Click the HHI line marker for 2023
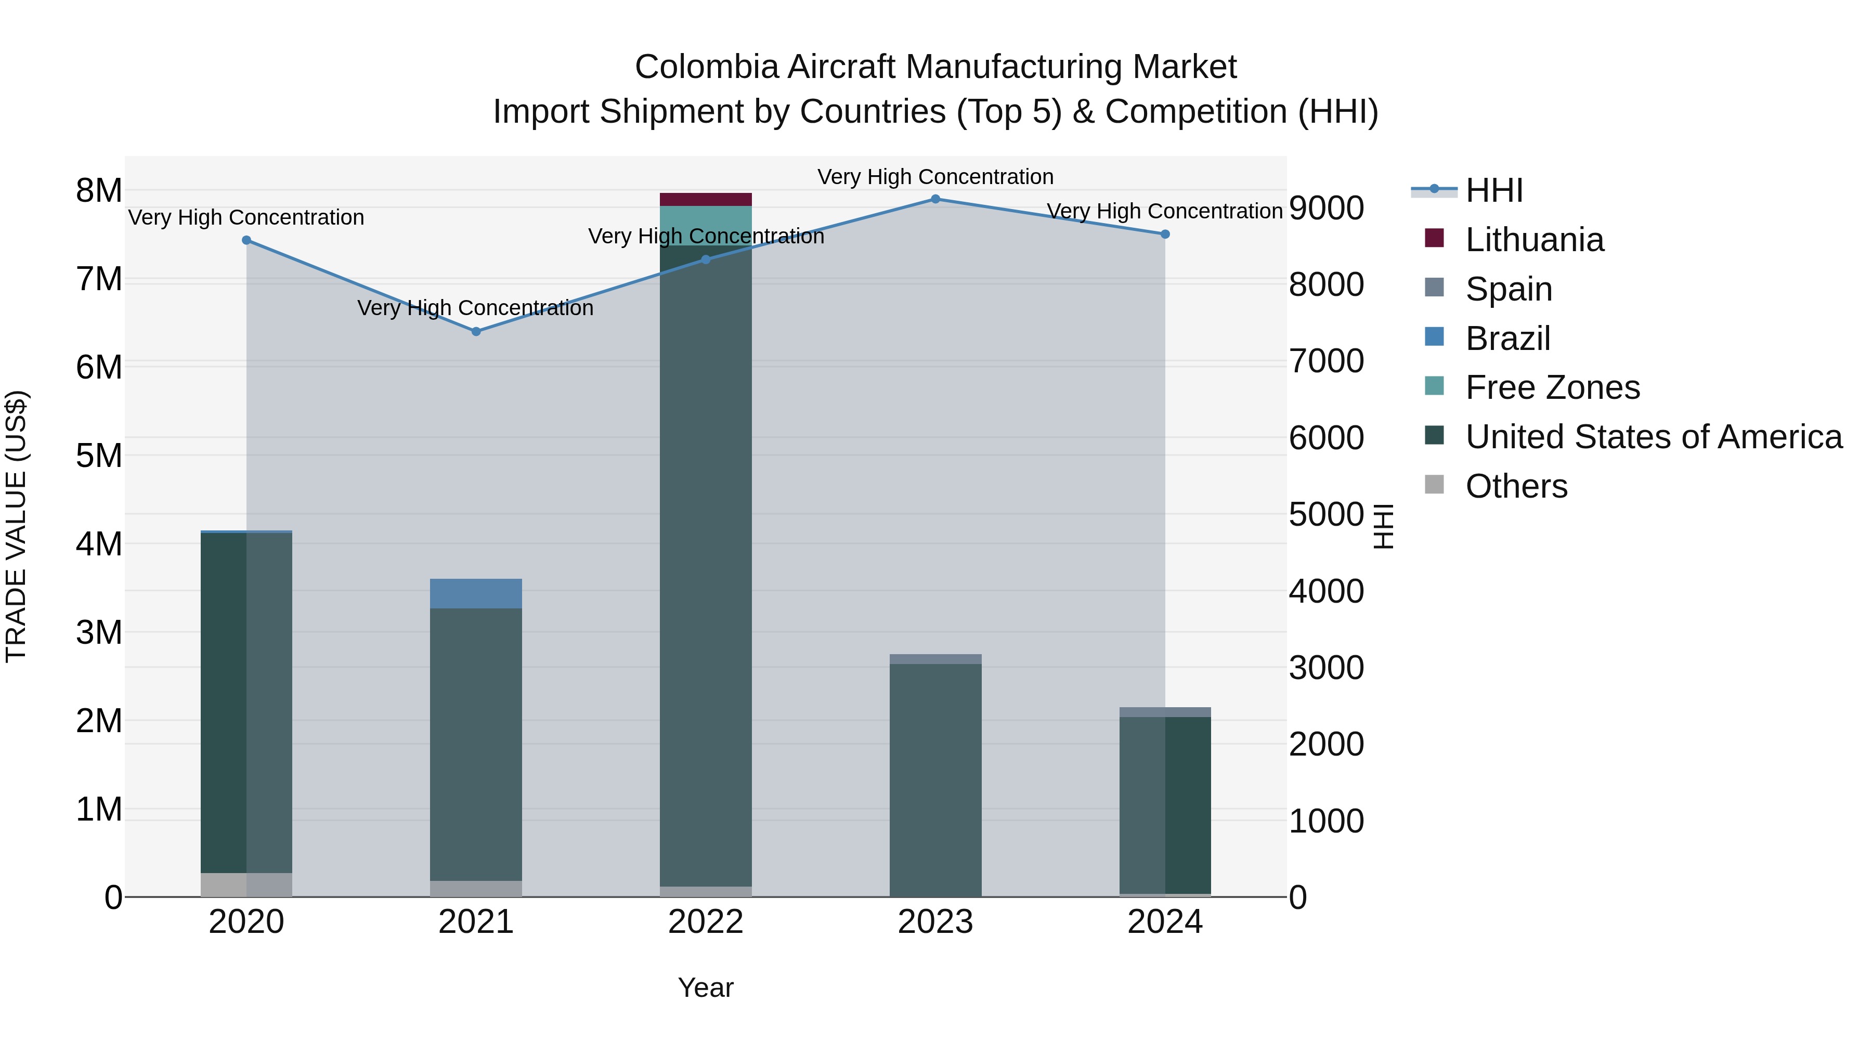tap(935, 199)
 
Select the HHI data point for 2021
tap(476, 331)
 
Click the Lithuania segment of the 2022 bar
tap(706, 200)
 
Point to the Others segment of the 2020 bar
tap(246, 885)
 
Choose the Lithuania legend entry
tap(1534, 240)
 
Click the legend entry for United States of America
tap(1653, 437)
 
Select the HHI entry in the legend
tap(1493, 190)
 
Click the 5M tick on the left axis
tap(99, 456)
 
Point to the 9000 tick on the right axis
tap(1326, 208)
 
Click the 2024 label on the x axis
tap(1165, 922)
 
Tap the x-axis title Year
tap(706, 987)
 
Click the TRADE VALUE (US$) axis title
tap(17, 526)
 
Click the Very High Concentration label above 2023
tap(935, 177)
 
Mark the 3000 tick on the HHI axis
tap(1326, 668)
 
